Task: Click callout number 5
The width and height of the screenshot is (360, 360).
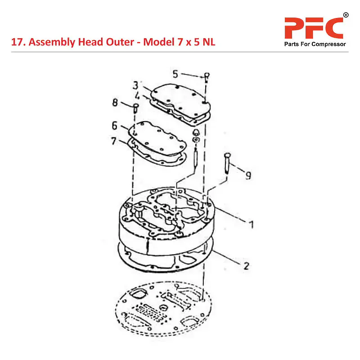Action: pos(175,73)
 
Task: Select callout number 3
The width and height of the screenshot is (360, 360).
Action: pos(135,85)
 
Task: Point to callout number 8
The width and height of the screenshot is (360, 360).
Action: pos(115,103)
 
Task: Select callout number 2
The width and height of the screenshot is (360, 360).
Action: pos(246,265)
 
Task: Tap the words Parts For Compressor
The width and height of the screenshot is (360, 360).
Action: pos(315,44)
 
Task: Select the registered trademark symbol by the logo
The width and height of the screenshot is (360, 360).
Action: pos(346,15)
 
